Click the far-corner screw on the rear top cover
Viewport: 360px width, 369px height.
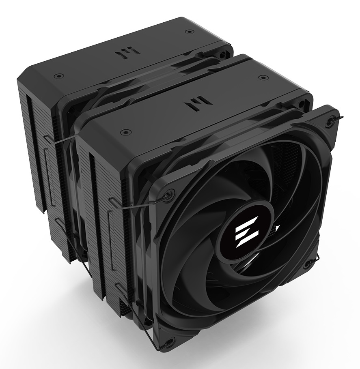click(187, 31)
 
